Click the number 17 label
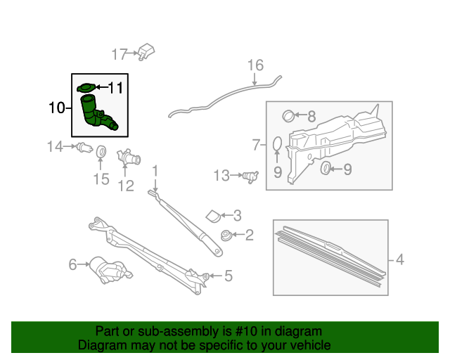coord(119,54)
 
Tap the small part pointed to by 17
coord(146,51)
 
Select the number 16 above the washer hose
coord(255,65)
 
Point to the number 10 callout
coord(56,108)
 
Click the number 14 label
coord(55,146)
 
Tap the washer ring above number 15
coord(101,151)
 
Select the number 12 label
coord(126,186)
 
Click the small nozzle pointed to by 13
coord(250,176)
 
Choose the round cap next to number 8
coord(289,115)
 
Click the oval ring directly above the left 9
coord(277,145)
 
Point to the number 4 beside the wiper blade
coord(399,260)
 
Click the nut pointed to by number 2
coord(226,236)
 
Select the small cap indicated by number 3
coord(213,215)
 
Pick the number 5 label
coord(228,276)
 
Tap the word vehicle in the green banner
coord(307,345)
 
